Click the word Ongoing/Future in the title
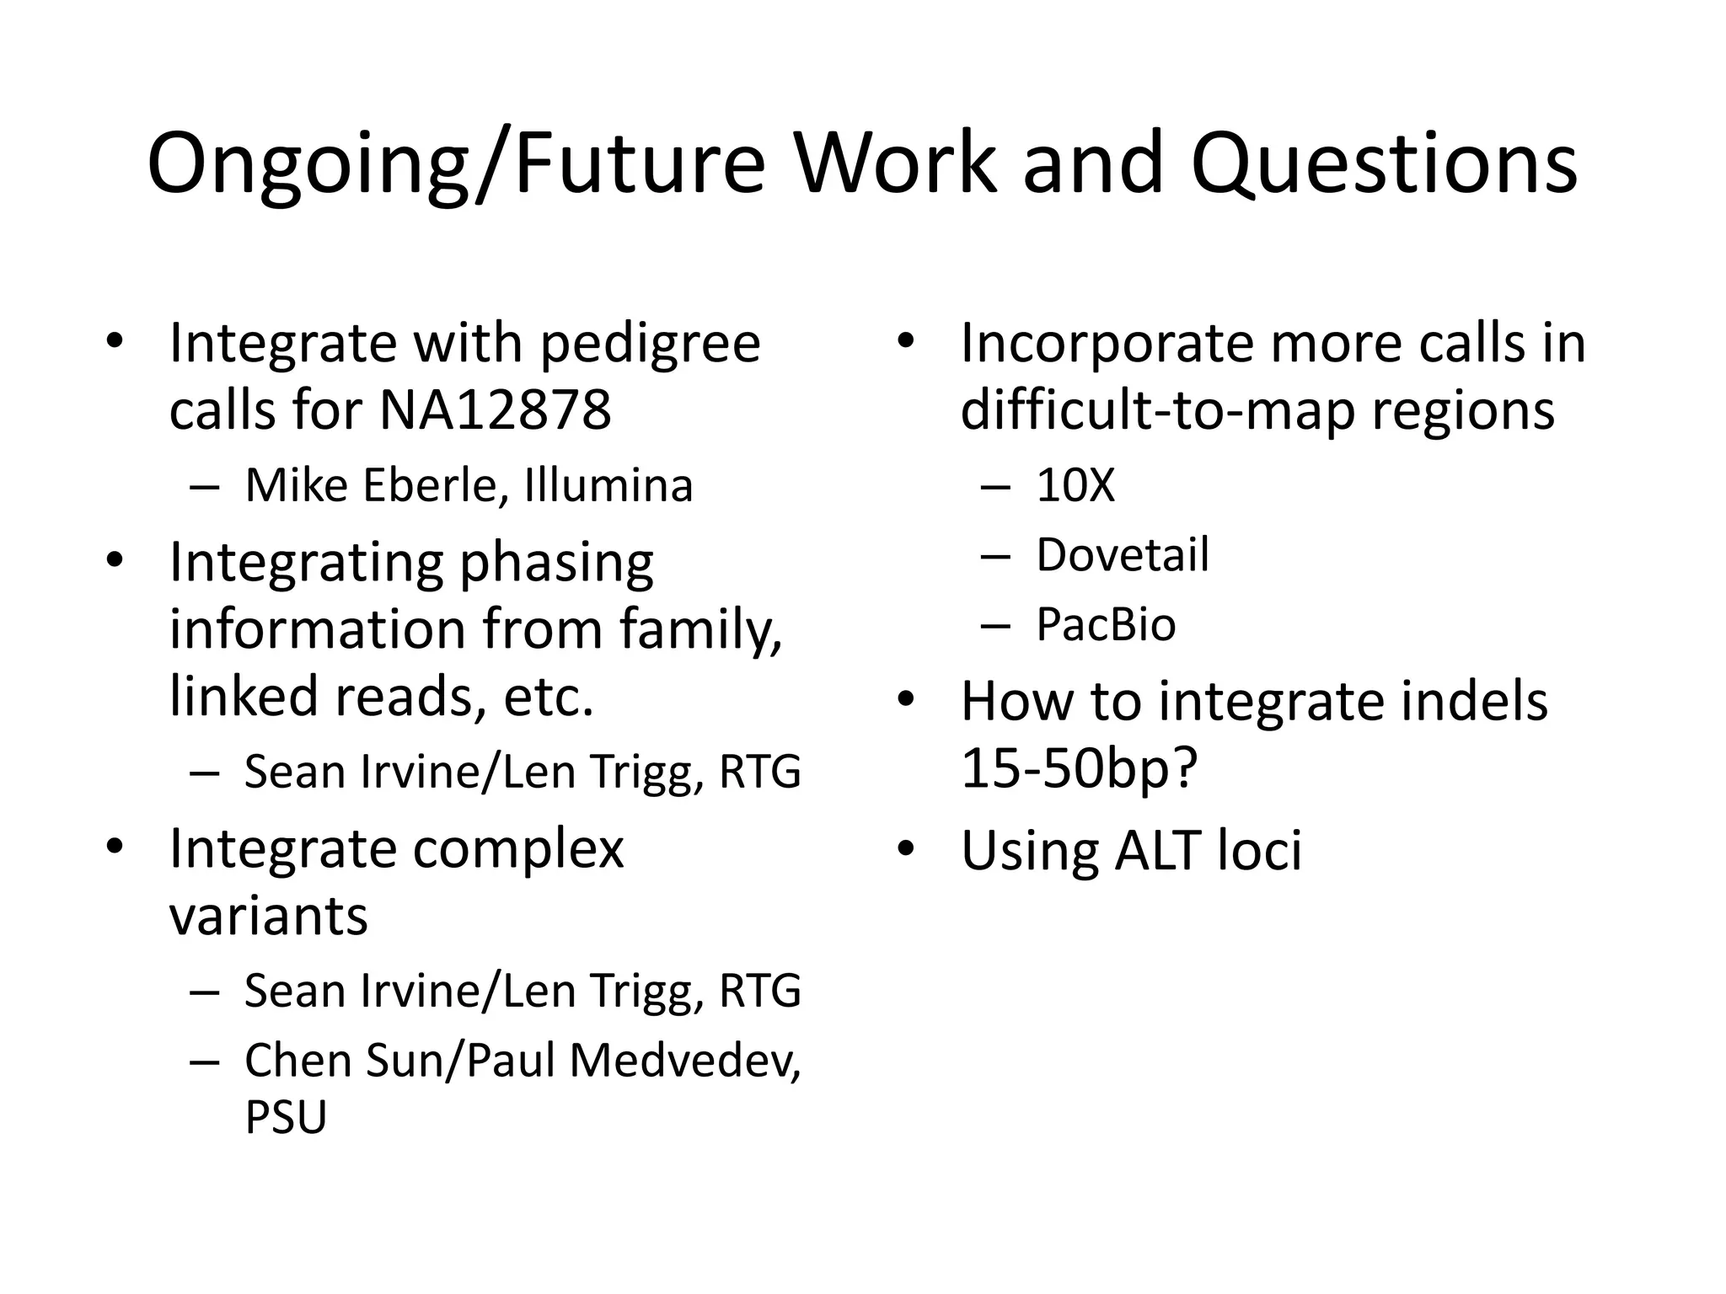[x=455, y=164]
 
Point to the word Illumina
[x=608, y=485]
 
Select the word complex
[x=518, y=848]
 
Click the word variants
[x=268, y=916]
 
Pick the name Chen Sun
[x=341, y=1060]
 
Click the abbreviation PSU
[x=285, y=1117]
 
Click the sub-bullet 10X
[x=1075, y=485]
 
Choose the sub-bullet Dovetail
[x=1123, y=555]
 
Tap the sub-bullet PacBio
[x=1106, y=625]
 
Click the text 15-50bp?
[x=1079, y=768]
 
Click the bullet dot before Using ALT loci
[x=906, y=849]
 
